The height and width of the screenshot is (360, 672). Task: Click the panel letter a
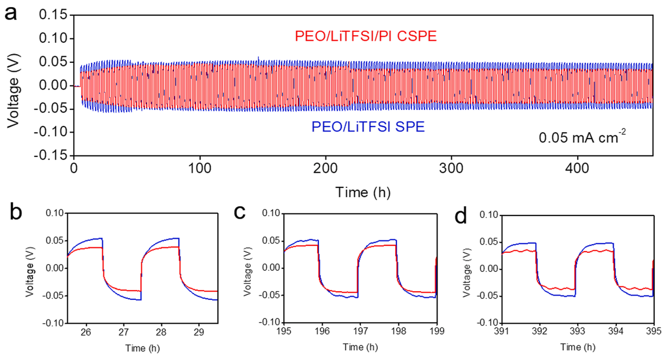10,14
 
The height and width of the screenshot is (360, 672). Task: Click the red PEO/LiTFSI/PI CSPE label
366,37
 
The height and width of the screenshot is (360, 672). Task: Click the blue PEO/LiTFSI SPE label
368,127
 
